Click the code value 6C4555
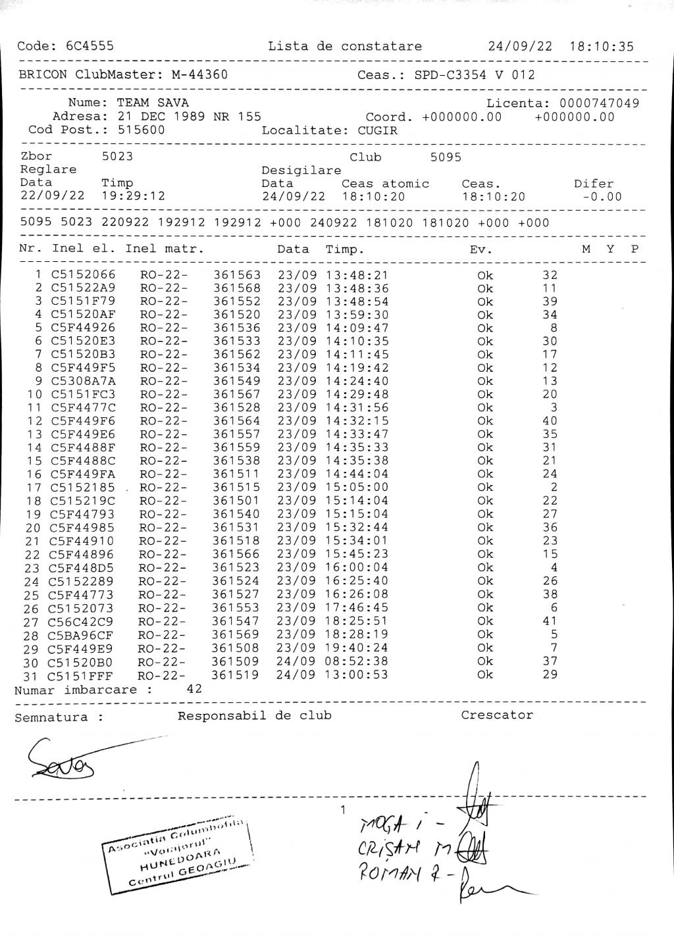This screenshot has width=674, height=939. tap(90, 46)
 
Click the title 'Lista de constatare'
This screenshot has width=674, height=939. tap(344, 47)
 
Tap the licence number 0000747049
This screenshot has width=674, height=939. tap(599, 103)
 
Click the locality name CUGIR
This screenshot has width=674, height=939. tap(378, 130)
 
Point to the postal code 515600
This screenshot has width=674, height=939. tap(141, 130)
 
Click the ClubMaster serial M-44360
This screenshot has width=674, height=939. tap(199, 75)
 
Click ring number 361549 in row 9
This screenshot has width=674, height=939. tap(237, 381)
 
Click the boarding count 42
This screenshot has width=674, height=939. tap(194, 690)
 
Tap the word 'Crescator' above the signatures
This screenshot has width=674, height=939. tap(497, 715)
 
